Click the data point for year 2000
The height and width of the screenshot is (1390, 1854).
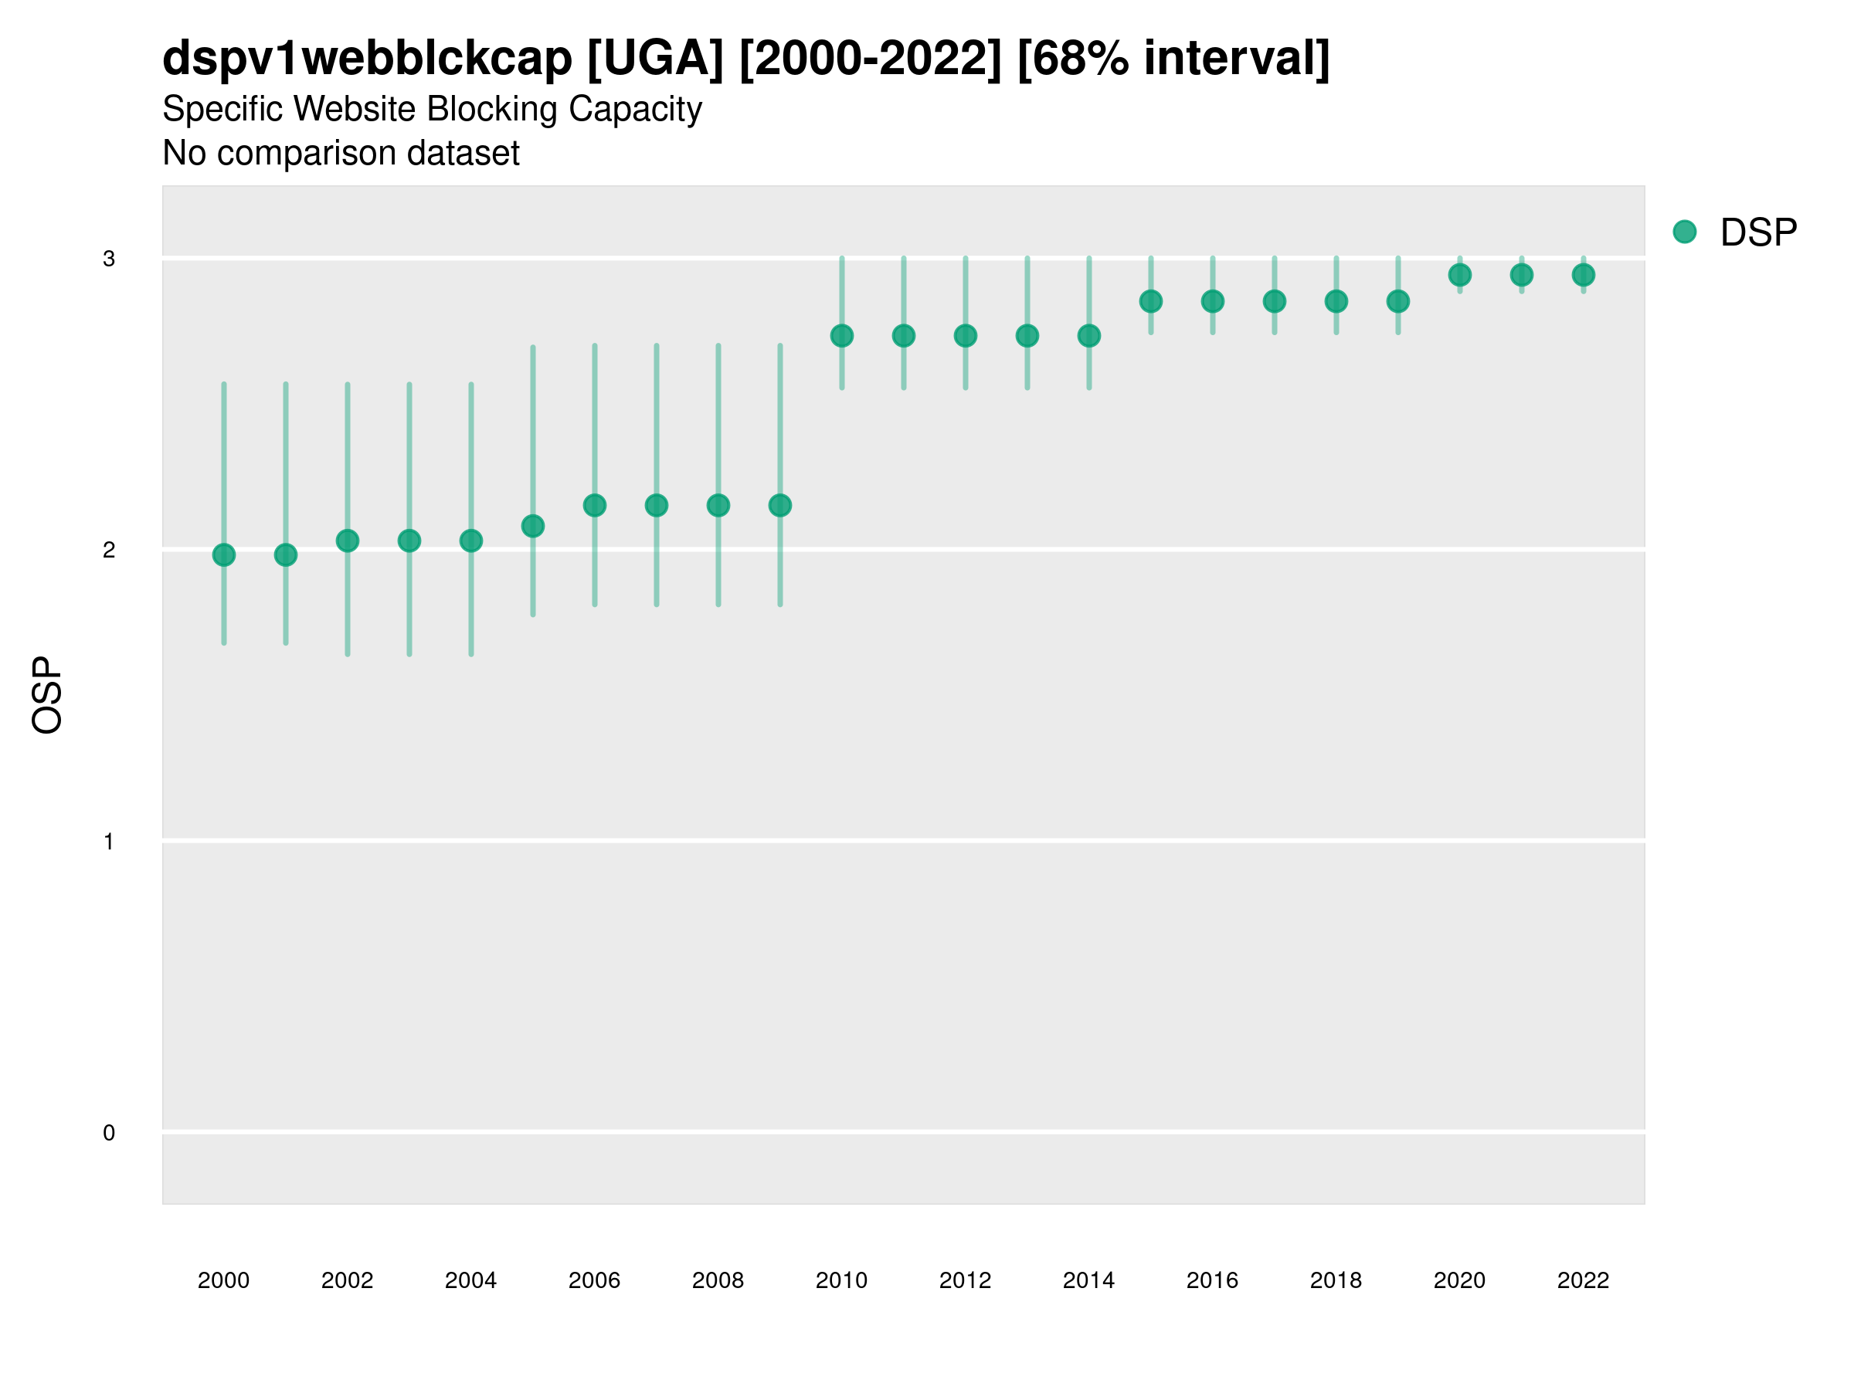[x=224, y=554]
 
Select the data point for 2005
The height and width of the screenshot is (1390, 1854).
[x=533, y=526]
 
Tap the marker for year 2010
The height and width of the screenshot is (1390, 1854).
[x=842, y=336]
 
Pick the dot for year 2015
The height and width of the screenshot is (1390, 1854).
[x=1151, y=302]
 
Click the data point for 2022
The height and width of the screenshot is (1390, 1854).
[x=1584, y=275]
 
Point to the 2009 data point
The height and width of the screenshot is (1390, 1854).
[x=780, y=505]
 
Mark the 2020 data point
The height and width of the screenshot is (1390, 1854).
[x=1460, y=275]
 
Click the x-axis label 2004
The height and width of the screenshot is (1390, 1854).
[x=471, y=1280]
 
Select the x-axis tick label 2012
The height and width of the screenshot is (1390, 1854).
[x=966, y=1280]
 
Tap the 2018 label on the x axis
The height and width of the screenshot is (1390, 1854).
[x=1336, y=1280]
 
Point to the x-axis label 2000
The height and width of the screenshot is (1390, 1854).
[x=224, y=1280]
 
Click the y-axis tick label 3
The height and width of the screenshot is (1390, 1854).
[x=109, y=259]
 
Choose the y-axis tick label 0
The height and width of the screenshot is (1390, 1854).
[x=109, y=1134]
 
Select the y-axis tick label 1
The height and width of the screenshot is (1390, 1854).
[x=109, y=842]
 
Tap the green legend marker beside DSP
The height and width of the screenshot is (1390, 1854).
[x=1685, y=232]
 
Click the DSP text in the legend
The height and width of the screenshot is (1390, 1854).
[x=1758, y=233]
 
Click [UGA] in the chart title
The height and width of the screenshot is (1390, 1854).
[x=654, y=59]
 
